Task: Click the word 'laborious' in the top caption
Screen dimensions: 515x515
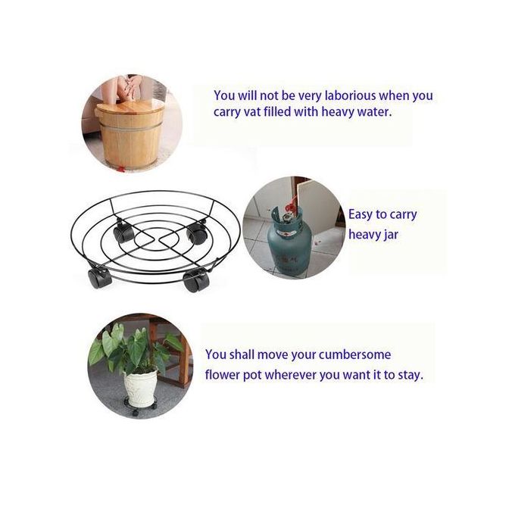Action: (350, 95)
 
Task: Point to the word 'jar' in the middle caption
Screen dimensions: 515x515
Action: (392, 235)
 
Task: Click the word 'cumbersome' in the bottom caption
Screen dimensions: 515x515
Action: (354, 354)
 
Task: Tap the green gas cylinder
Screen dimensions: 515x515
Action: (289, 242)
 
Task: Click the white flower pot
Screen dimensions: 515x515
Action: (140, 389)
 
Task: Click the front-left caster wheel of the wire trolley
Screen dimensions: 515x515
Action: (99, 278)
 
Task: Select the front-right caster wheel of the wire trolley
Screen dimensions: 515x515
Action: (196, 281)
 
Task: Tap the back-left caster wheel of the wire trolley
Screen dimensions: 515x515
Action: (123, 231)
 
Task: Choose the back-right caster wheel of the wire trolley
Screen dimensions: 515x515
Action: (196, 233)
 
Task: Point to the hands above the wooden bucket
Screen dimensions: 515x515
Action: (128, 86)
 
